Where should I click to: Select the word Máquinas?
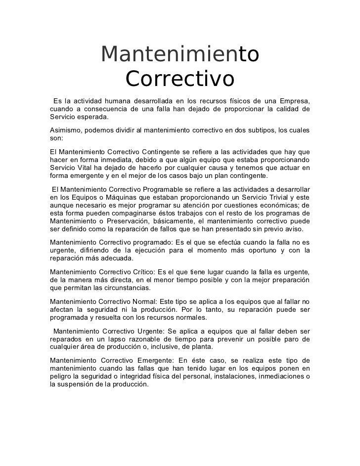[114, 198]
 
